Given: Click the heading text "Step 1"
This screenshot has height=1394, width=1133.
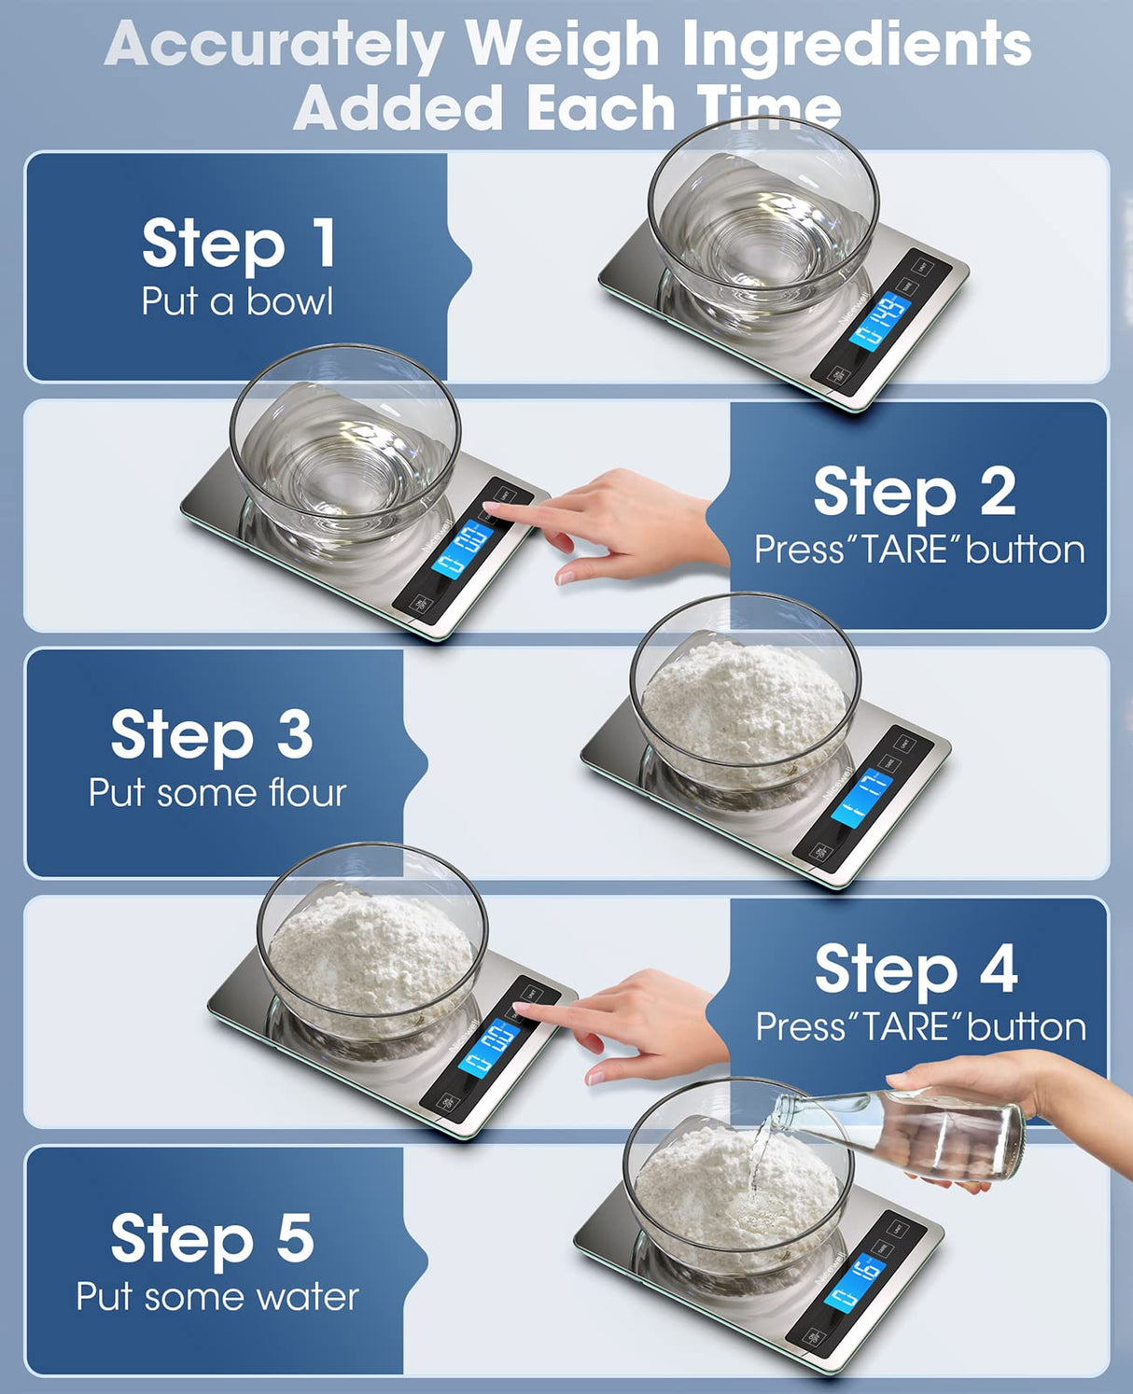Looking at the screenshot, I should [x=238, y=244].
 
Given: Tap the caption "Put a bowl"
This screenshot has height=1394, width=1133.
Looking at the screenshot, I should [x=237, y=301].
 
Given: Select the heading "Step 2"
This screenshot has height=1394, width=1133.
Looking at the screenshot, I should [x=914, y=492].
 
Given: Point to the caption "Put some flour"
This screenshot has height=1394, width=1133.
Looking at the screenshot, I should [x=217, y=793].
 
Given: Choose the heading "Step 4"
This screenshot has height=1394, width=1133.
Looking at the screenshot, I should [x=916, y=969].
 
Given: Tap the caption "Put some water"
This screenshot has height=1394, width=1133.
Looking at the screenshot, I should [x=217, y=1297].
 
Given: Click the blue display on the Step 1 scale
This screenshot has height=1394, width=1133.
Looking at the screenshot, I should [x=879, y=323].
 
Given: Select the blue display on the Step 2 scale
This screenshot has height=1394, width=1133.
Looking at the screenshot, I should [x=462, y=550].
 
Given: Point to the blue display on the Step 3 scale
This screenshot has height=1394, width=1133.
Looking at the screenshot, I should [x=860, y=797].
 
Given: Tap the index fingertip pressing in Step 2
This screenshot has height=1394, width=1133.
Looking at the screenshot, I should [x=489, y=510].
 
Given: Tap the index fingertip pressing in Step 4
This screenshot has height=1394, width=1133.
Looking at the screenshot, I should [x=519, y=1009].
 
